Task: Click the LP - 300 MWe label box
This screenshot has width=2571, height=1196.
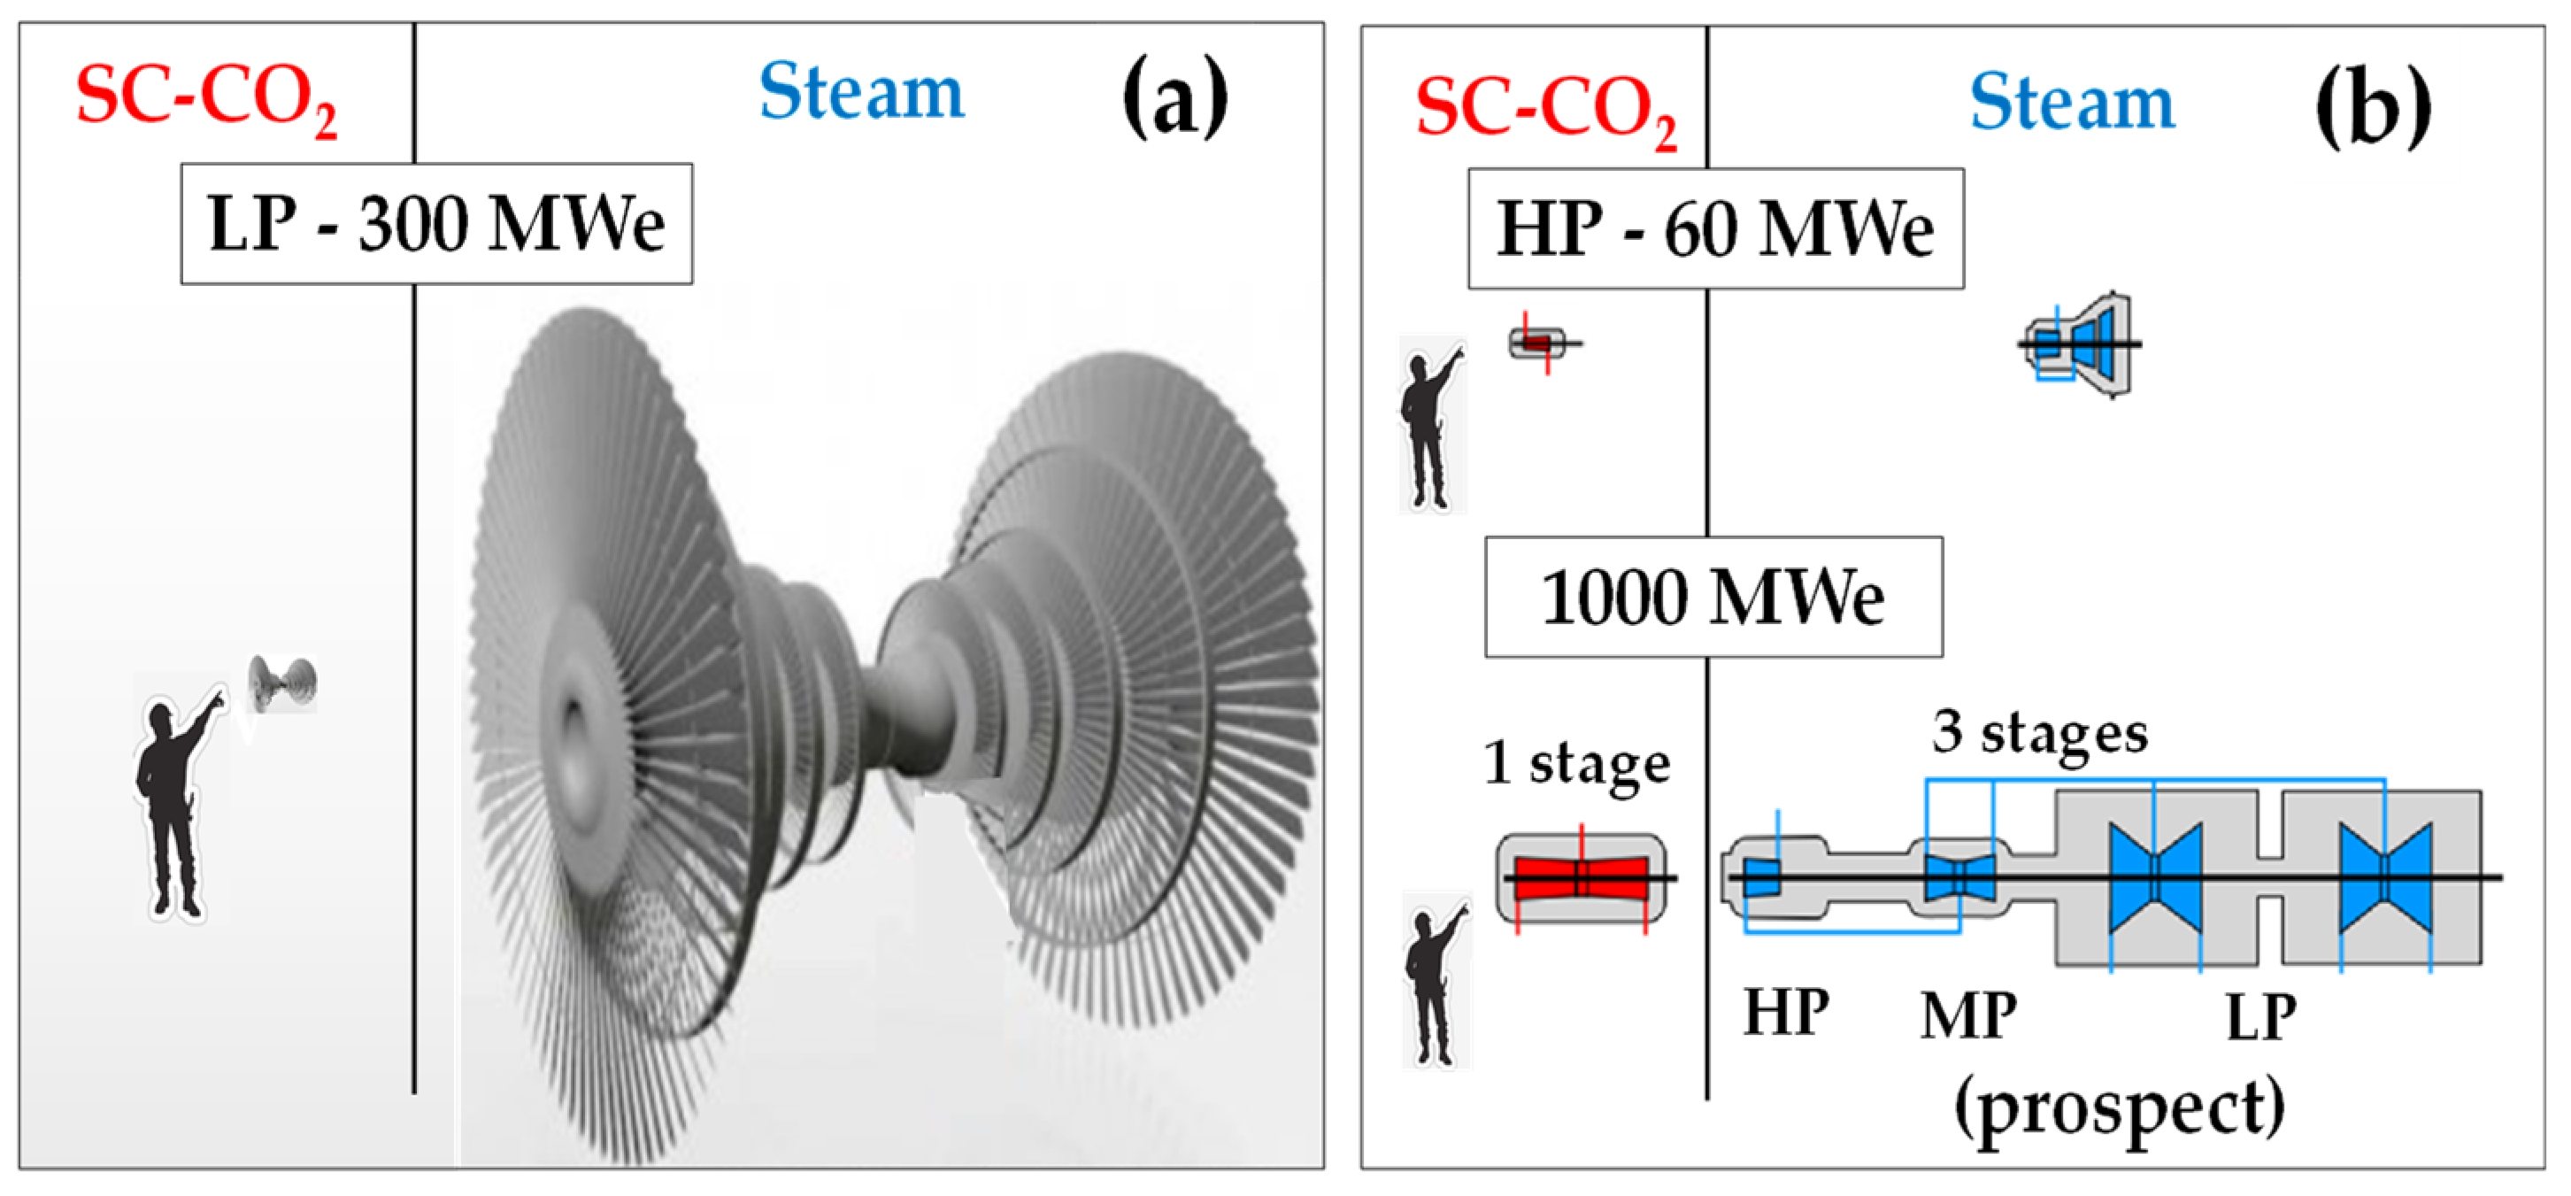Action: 436,224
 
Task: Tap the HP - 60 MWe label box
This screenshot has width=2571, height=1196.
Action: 1714,228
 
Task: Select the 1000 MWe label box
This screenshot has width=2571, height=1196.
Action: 1713,597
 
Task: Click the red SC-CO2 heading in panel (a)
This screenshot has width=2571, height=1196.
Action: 205,98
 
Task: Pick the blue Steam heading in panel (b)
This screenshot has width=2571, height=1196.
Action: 2071,104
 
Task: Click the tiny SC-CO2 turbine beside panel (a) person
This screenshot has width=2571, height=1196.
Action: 282,683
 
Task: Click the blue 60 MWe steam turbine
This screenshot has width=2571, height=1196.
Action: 2081,344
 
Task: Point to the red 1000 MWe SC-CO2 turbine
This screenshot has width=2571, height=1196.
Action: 1581,877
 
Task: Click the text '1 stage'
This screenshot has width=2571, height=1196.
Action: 1576,764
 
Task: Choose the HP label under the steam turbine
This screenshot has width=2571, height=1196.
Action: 1785,1013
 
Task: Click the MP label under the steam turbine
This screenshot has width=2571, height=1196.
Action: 1967,1016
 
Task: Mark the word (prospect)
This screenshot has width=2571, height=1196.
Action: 2118,1108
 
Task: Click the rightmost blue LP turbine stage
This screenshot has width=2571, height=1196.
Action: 2384,877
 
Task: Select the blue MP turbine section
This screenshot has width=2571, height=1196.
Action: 1959,877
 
